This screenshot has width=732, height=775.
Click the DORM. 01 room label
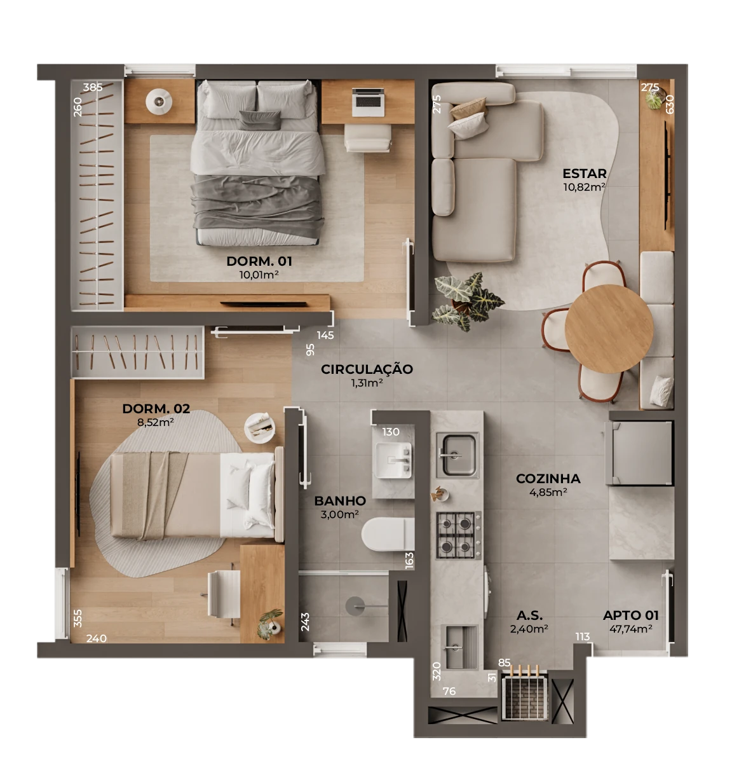click(259, 261)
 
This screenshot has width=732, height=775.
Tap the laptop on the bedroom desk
click(368, 102)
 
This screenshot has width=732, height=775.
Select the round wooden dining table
click(609, 329)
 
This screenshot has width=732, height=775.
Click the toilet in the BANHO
click(388, 534)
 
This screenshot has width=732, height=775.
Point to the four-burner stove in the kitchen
click(459, 535)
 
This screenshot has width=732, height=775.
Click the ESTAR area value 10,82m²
click(584, 187)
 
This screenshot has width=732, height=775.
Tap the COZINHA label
click(548, 479)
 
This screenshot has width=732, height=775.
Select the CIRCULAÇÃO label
click(367, 369)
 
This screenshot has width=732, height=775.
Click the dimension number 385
click(93, 87)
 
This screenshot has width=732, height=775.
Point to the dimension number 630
click(670, 104)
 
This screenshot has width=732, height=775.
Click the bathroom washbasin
click(394, 460)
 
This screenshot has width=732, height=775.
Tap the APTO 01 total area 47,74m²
click(630, 629)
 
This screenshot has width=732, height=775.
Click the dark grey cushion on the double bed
click(260, 120)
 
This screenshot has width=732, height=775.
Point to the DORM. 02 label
click(156, 409)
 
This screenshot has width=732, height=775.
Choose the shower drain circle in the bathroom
click(355, 606)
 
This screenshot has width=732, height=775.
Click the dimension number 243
click(305, 622)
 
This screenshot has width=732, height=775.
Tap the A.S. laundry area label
click(529, 615)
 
